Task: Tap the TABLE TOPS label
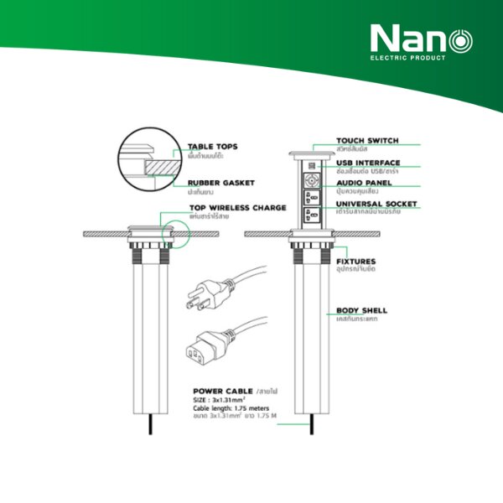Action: click(x=212, y=146)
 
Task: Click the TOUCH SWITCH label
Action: click(x=367, y=141)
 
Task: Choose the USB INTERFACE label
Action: click(x=368, y=163)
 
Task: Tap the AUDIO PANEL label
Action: click(x=364, y=183)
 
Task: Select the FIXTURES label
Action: click(x=355, y=262)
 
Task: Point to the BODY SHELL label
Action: click(x=361, y=310)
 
